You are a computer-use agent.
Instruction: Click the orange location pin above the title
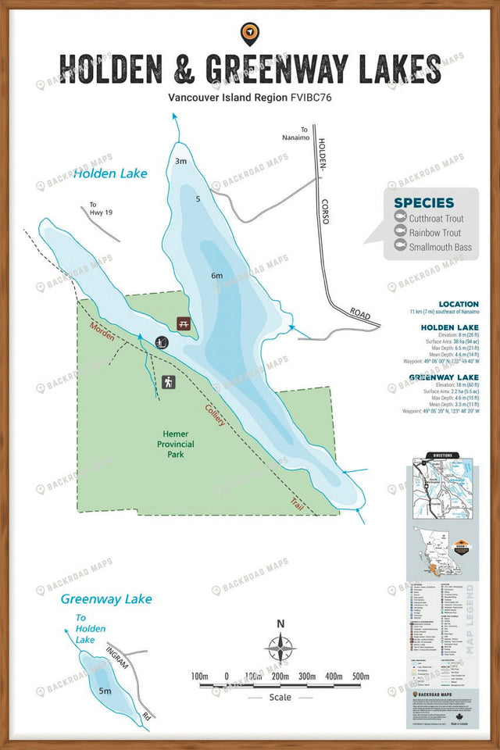(x=250, y=32)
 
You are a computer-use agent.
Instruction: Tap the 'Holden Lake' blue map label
(x=110, y=173)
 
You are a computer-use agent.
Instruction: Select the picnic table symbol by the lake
(x=184, y=322)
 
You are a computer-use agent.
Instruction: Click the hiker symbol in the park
(x=169, y=382)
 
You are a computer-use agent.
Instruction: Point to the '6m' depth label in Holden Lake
(x=216, y=275)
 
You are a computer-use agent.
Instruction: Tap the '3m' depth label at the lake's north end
(x=180, y=161)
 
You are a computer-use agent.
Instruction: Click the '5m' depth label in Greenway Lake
(x=105, y=691)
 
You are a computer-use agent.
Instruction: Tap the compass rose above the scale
(x=280, y=648)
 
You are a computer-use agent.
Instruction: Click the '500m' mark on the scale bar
(x=360, y=676)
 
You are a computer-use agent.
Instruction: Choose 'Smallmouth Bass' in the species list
(x=440, y=247)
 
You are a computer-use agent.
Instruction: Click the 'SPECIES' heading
(x=423, y=202)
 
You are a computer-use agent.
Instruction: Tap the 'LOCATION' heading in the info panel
(x=459, y=304)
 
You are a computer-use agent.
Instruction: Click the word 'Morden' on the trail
(x=102, y=332)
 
